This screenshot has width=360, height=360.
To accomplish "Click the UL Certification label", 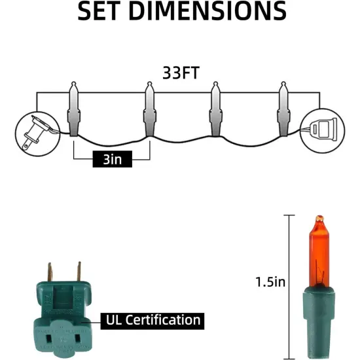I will pos(151,320).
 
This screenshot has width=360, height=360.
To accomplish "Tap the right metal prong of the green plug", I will pos(79,272).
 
